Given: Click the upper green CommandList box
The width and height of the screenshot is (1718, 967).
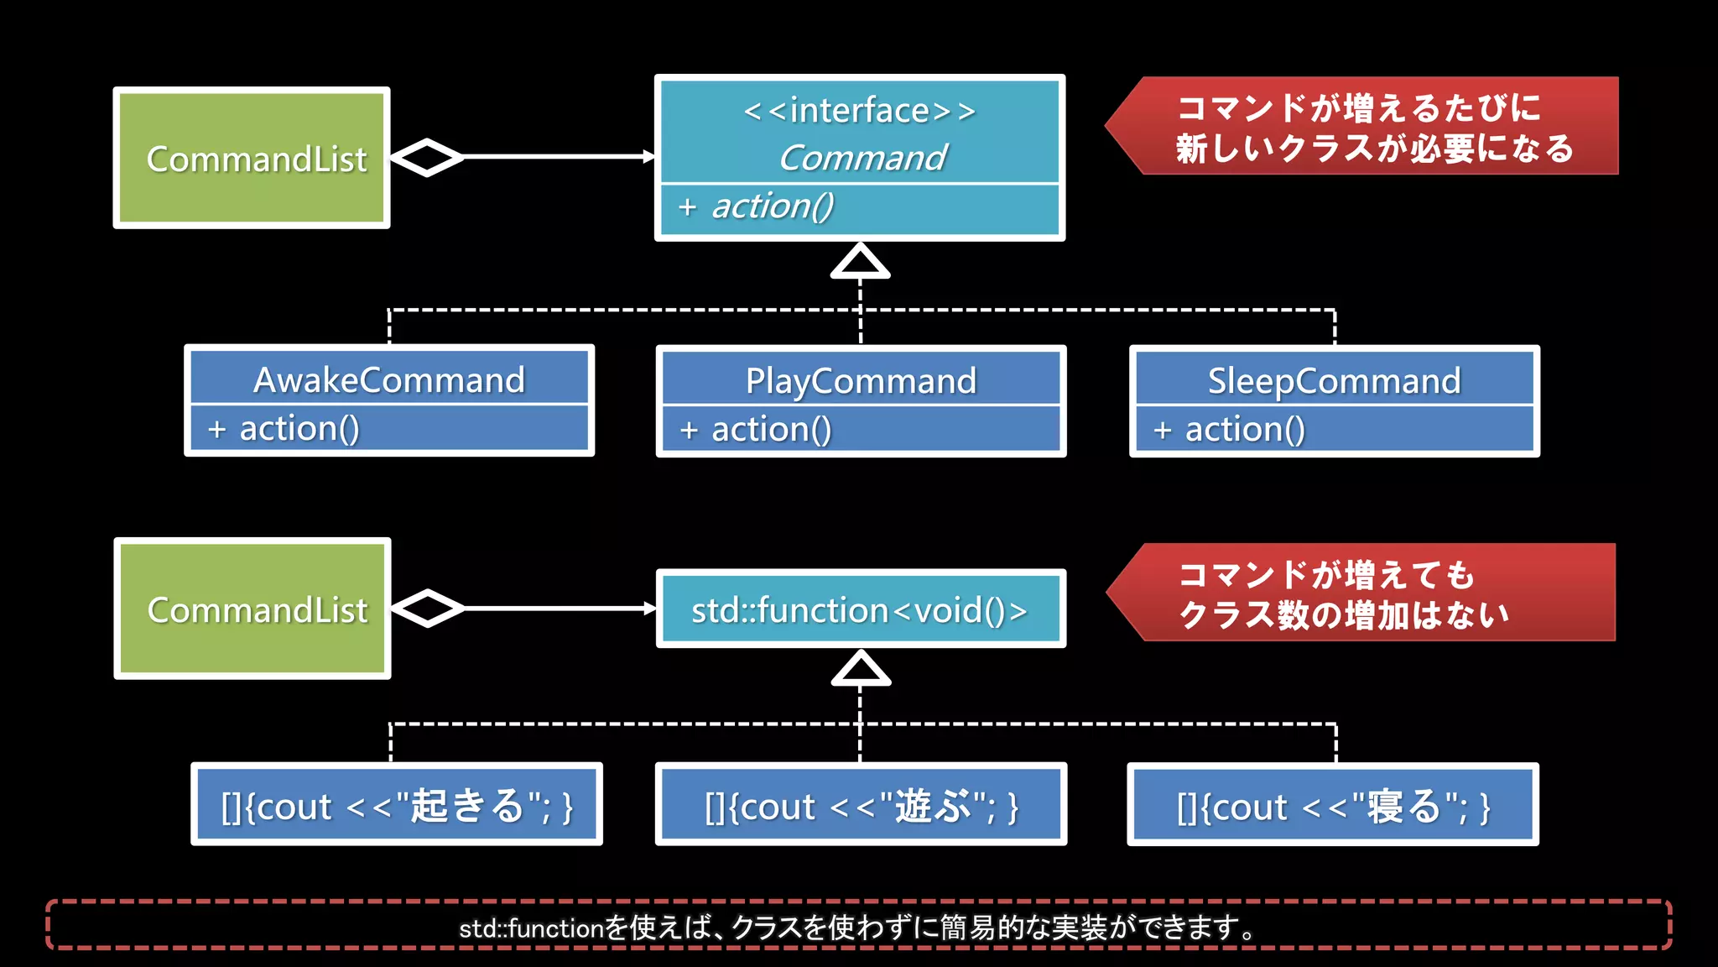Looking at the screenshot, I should (252, 158).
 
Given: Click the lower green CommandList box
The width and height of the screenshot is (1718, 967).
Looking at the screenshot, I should (252, 609).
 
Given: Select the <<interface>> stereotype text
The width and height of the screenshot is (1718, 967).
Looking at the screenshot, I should (860, 111).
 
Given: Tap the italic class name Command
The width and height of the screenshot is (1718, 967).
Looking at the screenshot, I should (862, 158).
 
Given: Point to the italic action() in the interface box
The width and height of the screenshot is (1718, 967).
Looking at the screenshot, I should (773, 206).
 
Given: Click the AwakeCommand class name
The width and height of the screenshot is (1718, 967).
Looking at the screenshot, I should (389, 380).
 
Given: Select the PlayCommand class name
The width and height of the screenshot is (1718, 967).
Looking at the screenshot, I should (861, 381).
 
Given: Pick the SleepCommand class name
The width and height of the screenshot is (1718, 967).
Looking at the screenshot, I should (1334, 381).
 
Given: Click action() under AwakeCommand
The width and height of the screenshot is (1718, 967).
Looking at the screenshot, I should (299, 429).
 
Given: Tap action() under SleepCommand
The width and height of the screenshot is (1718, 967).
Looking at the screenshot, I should (1245, 430).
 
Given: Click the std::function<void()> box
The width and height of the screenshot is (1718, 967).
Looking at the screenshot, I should (861, 609).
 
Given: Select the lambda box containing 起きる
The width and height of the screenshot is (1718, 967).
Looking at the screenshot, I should (397, 805).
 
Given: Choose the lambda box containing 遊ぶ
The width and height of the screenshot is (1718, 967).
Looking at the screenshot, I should (861, 806).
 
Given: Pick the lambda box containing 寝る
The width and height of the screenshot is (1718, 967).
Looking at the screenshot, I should (1333, 806).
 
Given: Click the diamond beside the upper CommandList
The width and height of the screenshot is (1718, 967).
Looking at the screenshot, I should (427, 157).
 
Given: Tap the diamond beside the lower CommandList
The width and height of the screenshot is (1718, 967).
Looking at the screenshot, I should (428, 609).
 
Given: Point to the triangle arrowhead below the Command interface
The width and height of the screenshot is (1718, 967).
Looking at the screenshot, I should (860, 262).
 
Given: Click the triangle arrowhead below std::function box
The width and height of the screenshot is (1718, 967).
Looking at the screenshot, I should (861, 670).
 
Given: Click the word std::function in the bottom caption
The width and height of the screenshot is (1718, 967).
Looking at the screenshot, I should (531, 928).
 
